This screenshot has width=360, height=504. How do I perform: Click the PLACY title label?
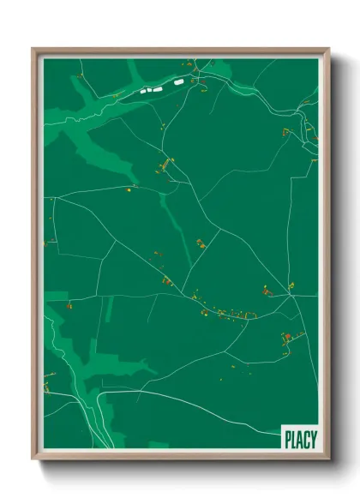click(x=299, y=438)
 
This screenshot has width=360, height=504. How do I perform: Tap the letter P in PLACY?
click(x=287, y=438)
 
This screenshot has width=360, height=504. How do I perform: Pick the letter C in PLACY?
click(x=306, y=438)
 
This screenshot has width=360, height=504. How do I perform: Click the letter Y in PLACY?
click(x=313, y=438)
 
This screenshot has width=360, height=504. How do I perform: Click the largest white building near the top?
click(x=179, y=82)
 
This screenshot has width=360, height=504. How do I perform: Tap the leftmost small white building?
click(x=142, y=89)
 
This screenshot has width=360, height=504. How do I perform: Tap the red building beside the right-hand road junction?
click(x=267, y=291)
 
